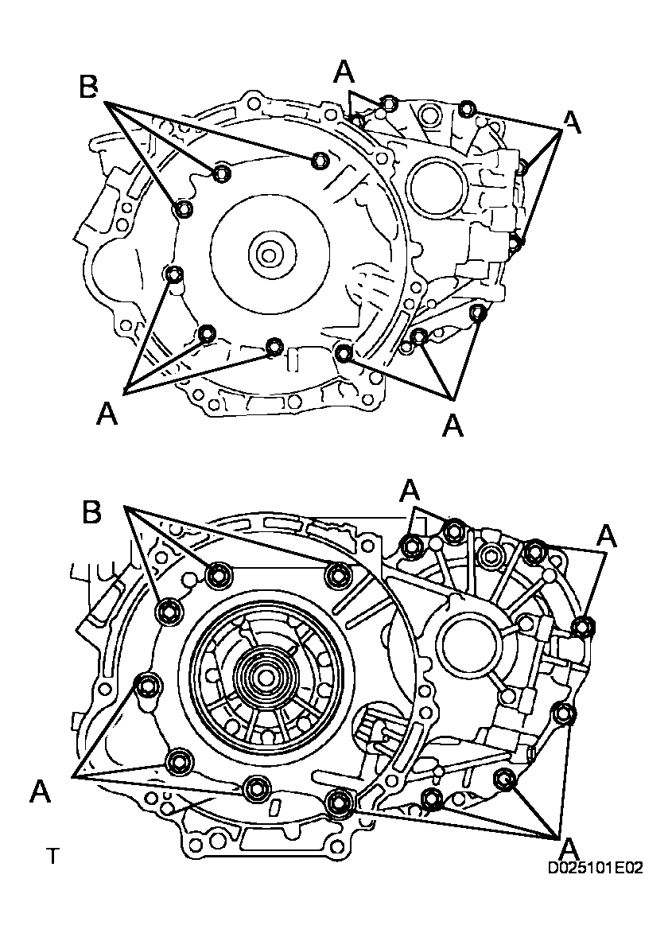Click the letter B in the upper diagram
pos(89,87)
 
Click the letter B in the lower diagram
pos(92,513)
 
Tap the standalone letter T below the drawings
pos(53,857)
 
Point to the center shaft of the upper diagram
pos(268,255)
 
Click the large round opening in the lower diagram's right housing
pos(470,641)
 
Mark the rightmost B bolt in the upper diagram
pos(320,160)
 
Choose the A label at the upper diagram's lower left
pos(107,414)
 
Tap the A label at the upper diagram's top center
pos(344,72)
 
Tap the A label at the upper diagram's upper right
pos(572,121)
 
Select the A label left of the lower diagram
pos(41,791)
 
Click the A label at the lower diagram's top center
pos(410,490)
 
